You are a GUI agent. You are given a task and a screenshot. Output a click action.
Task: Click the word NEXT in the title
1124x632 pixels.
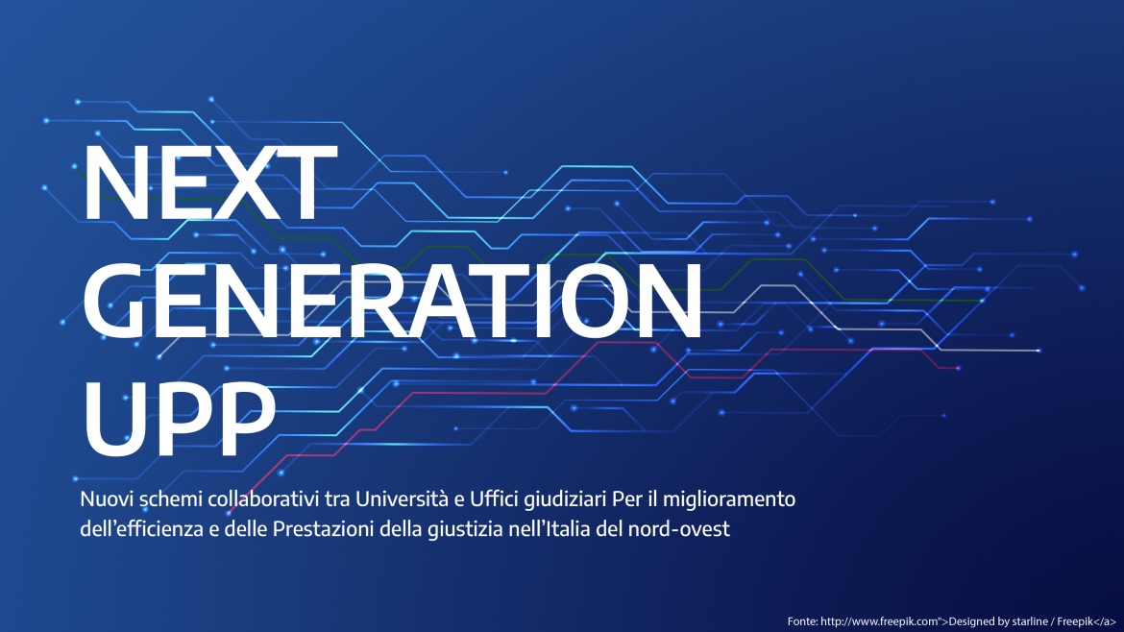[205, 184]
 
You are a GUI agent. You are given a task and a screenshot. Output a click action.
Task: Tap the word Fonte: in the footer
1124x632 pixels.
[803, 621]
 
